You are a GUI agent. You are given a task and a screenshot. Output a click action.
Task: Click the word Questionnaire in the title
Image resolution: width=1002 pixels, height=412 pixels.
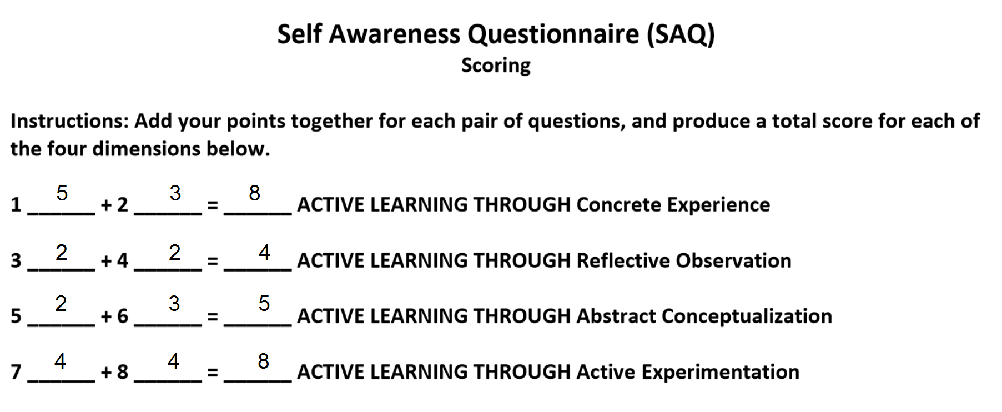[x=553, y=35]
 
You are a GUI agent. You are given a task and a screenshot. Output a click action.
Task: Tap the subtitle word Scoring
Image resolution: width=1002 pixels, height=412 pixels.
[x=496, y=66]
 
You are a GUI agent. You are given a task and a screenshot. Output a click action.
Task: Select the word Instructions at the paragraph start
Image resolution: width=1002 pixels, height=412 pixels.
[x=69, y=121]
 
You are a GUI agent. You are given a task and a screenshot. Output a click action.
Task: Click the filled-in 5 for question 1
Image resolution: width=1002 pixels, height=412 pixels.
[x=62, y=193]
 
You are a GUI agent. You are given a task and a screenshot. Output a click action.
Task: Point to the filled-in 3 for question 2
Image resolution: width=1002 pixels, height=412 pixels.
[x=175, y=193]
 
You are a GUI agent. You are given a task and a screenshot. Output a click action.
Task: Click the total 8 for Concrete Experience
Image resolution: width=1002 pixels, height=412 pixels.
[x=255, y=193]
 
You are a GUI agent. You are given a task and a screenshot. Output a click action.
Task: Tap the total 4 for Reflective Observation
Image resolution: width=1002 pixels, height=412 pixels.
[x=264, y=253]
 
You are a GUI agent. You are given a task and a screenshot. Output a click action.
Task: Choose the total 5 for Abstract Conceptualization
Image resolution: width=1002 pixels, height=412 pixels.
[x=264, y=304]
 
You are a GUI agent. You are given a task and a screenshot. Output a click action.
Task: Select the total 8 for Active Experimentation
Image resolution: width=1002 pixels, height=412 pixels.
[x=264, y=361]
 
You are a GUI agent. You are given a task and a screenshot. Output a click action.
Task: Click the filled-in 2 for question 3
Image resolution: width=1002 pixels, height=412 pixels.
[x=62, y=253]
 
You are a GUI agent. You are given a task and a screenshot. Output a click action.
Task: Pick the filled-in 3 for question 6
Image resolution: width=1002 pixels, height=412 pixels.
[x=174, y=304]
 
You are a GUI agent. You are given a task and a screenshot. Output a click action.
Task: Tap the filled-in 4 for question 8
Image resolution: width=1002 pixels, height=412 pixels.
[x=174, y=361]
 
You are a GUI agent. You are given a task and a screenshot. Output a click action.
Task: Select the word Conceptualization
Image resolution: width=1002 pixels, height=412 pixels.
[x=747, y=316]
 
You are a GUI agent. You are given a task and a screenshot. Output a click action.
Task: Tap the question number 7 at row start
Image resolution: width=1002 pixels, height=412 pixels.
[x=16, y=372]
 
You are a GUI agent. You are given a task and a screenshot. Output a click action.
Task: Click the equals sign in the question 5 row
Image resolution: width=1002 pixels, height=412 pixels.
[x=212, y=317]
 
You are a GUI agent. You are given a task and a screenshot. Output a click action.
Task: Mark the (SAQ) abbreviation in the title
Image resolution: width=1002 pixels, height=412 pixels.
[x=680, y=35]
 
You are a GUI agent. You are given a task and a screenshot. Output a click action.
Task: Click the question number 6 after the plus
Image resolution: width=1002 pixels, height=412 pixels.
[x=122, y=316]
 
